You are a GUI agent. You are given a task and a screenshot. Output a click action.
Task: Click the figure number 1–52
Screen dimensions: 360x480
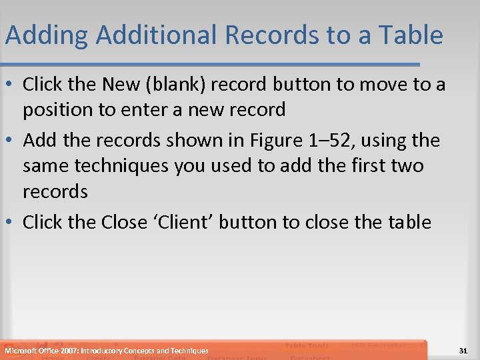coord(326,141)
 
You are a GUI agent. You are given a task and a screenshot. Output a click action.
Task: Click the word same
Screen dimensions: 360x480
coord(46,165)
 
